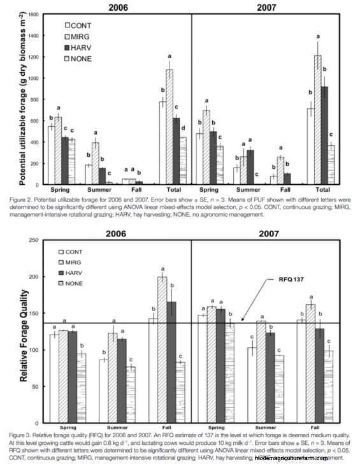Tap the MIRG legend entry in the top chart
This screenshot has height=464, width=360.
click(81, 36)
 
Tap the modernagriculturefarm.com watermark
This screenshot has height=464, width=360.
click(305, 458)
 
